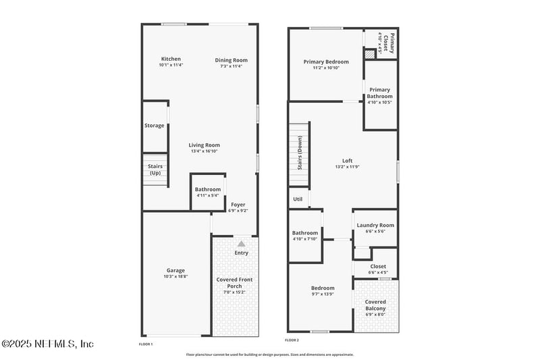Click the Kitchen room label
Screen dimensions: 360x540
[171, 59]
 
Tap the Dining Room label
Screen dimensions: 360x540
[232, 60]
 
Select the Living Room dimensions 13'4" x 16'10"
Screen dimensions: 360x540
[204, 152]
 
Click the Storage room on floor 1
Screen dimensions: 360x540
[155, 126]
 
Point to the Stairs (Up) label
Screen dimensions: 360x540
[155, 169]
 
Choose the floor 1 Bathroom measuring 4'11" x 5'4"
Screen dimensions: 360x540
[207, 192]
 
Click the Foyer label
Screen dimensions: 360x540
[238, 204]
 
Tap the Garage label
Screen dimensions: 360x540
[175, 270]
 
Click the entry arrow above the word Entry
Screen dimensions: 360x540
[241, 243]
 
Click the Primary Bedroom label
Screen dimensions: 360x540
[326, 62]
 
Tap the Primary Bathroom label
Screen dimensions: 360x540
[379, 93]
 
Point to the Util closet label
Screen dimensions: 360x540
[298, 199]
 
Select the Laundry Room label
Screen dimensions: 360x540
[375, 226]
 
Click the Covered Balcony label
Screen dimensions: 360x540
[375, 305]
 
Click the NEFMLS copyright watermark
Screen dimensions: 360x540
[47, 344]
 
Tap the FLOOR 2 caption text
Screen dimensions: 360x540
[292, 340]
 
